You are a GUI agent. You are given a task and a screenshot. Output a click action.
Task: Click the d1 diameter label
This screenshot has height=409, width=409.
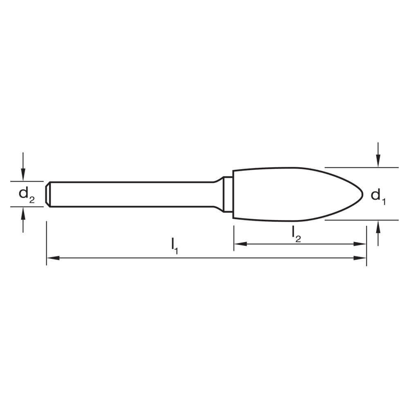(378, 196)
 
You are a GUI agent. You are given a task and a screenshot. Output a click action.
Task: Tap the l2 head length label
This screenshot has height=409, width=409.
(297, 234)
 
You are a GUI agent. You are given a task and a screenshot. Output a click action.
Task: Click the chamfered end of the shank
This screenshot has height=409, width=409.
(48, 194)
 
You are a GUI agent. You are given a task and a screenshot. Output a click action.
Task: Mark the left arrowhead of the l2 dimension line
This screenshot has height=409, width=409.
(240, 244)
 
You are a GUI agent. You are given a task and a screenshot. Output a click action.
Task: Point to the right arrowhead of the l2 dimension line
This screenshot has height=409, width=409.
(361, 244)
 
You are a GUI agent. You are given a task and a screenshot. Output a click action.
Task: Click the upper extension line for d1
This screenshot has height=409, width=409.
(360, 167)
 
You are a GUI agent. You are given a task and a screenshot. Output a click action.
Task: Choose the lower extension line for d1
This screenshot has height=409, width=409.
(360, 220)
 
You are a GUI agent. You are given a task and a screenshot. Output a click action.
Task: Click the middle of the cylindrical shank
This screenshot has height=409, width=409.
(131, 194)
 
